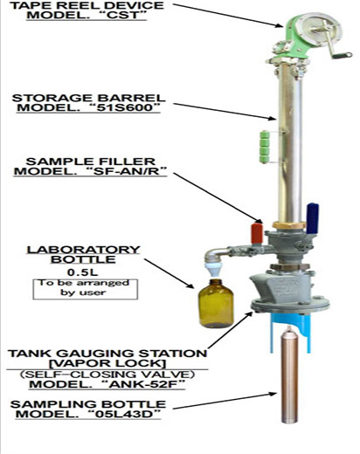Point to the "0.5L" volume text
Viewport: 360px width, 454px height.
[x=83, y=272]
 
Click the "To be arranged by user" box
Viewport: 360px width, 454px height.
[x=85, y=289]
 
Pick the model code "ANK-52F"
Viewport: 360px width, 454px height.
[x=144, y=384]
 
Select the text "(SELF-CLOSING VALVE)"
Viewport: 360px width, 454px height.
[x=107, y=374]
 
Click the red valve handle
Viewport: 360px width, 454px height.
[x=257, y=233]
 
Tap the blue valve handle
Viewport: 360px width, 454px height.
[x=312, y=218]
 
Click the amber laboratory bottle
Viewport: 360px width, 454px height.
[x=216, y=303]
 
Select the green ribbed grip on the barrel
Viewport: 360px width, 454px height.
[x=264, y=147]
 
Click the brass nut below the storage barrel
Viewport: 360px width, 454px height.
[x=289, y=225]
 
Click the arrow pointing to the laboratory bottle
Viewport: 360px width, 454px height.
[x=170, y=273]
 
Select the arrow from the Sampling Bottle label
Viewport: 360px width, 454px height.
[x=225, y=401]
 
